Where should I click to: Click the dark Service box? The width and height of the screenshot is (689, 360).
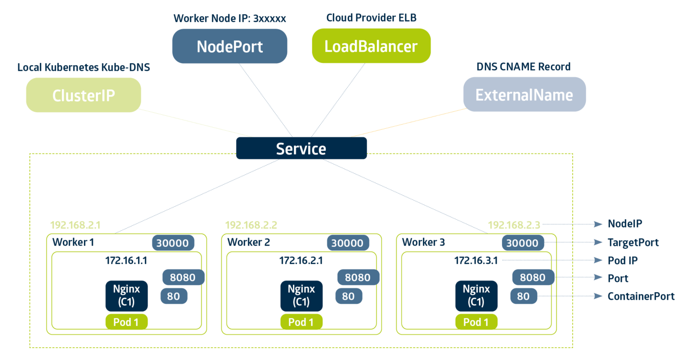[301, 149]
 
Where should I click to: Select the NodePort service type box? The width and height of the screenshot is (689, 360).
[230, 46]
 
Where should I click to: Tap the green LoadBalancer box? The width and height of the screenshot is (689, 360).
[371, 46]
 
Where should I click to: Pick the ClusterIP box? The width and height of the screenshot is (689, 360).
[83, 95]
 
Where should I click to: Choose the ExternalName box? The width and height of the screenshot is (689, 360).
[524, 95]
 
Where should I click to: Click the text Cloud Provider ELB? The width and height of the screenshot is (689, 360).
[371, 18]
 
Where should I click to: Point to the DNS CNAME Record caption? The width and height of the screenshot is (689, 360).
[523, 67]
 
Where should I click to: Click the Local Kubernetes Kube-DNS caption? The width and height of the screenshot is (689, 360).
[83, 67]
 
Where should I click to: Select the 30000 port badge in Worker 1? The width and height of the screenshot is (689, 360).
[173, 243]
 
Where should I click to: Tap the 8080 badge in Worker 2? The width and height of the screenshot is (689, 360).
[358, 277]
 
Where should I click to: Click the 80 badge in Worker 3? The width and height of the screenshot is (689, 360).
[523, 296]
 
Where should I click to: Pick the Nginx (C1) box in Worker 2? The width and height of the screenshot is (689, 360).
[301, 295]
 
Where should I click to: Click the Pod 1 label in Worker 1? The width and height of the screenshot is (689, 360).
[126, 322]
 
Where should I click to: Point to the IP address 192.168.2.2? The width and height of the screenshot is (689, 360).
[251, 225]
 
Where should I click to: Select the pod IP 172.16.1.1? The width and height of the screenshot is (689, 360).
[126, 260]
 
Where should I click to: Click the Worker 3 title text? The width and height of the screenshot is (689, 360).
[423, 242]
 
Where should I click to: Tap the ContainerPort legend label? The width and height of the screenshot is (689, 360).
[641, 296]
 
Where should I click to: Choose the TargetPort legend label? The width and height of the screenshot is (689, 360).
[633, 242]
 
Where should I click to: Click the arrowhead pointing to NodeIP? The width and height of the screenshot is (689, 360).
[597, 224]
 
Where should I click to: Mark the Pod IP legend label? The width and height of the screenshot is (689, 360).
[622, 260]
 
